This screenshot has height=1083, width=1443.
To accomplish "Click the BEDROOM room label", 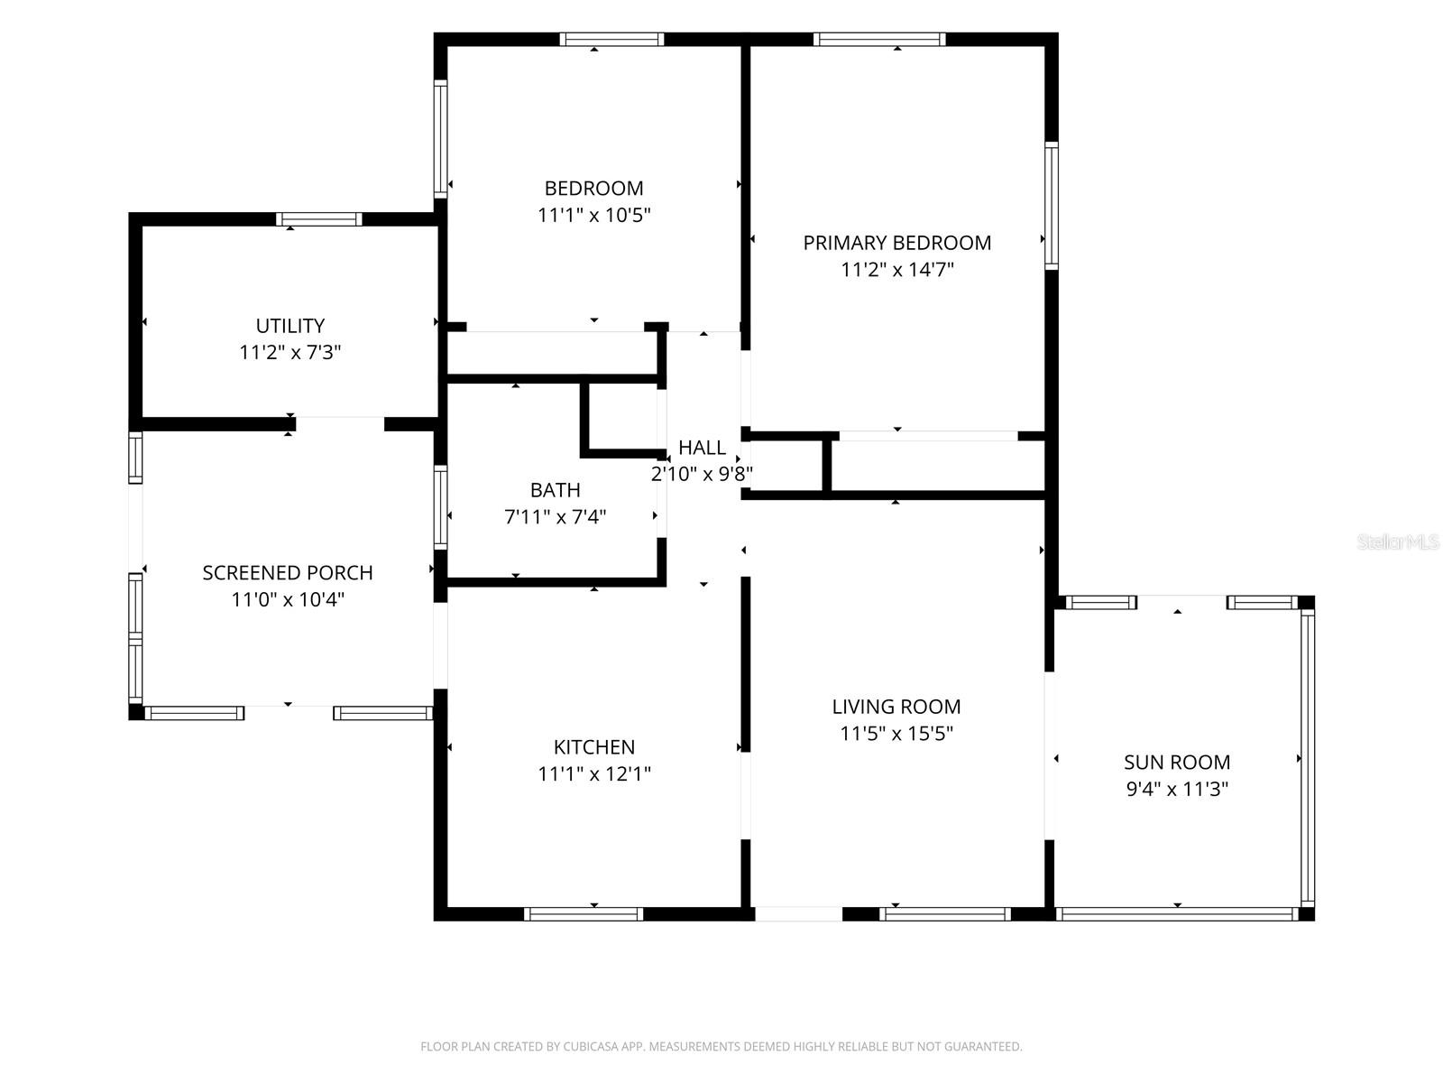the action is pyautogui.click(x=593, y=188).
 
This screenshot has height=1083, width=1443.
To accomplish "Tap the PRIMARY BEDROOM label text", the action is pyautogui.click(x=896, y=243).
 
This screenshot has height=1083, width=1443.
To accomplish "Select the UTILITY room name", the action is pyautogui.click(x=290, y=326).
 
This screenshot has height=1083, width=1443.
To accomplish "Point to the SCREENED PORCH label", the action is pyautogui.click(x=288, y=573).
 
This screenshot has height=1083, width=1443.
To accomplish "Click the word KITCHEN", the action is pyautogui.click(x=594, y=747).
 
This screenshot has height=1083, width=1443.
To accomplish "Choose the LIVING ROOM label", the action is pyautogui.click(x=896, y=707).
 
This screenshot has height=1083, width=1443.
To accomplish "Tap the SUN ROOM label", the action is pyautogui.click(x=1177, y=762).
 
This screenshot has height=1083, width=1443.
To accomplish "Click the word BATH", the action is pyautogui.click(x=555, y=490).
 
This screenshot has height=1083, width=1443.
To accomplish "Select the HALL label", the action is pyautogui.click(x=702, y=448).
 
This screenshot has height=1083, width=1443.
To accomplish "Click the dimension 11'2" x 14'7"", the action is pyautogui.click(x=896, y=270).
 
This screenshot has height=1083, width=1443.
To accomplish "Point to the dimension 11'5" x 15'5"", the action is pyautogui.click(x=896, y=733).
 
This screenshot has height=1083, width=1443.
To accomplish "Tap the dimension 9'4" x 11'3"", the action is pyautogui.click(x=1177, y=789).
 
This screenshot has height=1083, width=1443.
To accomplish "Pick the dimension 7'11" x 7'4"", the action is pyautogui.click(x=555, y=517).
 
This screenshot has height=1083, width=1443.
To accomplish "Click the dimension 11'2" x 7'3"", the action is pyautogui.click(x=290, y=353).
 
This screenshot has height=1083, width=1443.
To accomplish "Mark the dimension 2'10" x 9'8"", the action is pyautogui.click(x=702, y=474).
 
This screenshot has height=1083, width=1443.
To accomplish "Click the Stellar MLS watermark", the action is pyautogui.click(x=1398, y=541).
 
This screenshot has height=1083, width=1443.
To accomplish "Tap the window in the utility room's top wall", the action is pyautogui.click(x=319, y=219).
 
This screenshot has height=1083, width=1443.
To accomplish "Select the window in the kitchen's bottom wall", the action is pyautogui.click(x=584, y=914).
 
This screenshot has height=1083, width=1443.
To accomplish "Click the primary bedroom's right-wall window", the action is pyautogui.click(x=1052, y=205).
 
